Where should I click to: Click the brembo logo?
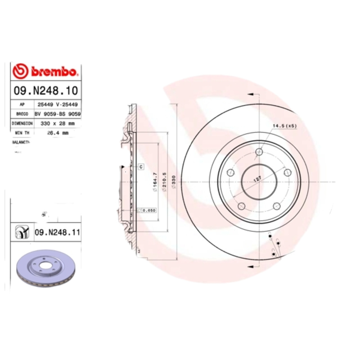[x=45, y=71]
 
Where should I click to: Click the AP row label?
[x=22, y=104]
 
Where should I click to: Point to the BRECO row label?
[x=22, y=114]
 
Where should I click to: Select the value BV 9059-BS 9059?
[x=58, y=114]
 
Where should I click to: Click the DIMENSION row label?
[x=22, y=123]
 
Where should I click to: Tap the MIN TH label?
[x=22, y=133]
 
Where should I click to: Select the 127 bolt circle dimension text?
[x=257, y=179]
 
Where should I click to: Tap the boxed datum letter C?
[x=140, y=167]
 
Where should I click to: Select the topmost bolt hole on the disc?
[x=259, y=152]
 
